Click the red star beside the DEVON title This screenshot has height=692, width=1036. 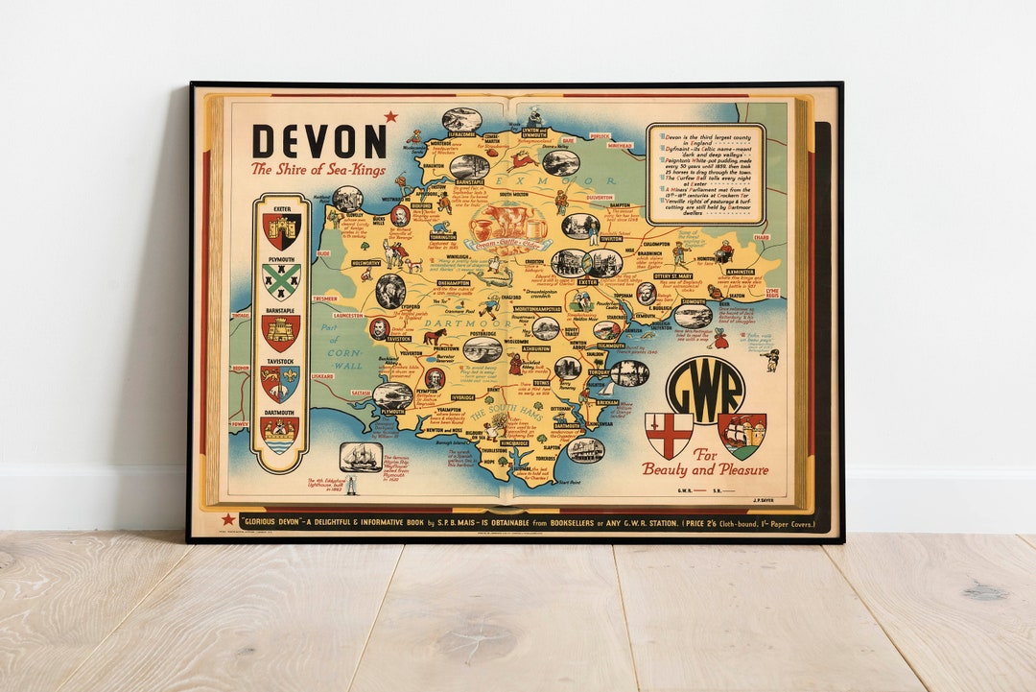[390, 117]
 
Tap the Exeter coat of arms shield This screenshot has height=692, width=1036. [281, 231]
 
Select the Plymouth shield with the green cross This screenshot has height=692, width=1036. [281, 280]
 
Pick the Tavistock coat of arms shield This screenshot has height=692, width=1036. [280, 383]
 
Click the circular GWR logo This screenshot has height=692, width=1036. [705, 390]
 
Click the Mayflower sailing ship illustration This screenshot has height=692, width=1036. [361, 456]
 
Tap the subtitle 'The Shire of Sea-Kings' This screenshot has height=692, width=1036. [318, 170]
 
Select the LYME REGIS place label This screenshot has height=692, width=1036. [773, 292]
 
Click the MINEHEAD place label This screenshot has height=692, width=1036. [620, 147]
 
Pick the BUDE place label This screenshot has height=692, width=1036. [323, 253]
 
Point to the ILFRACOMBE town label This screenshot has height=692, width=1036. [462, 136]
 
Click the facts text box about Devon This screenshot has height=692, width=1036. [705, 174]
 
